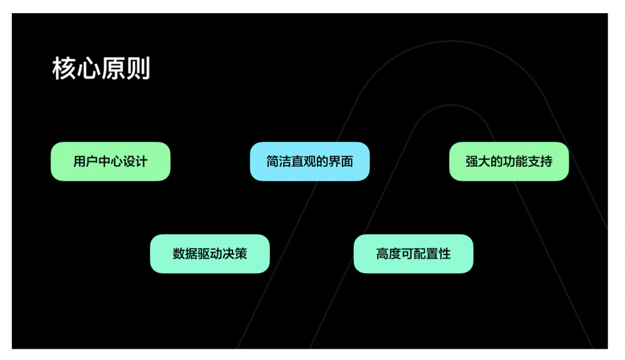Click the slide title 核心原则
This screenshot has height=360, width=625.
click(x=101, y=69)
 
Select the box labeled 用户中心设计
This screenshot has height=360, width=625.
click(x=110, y=161)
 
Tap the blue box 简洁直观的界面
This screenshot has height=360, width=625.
click(x=309, y=161)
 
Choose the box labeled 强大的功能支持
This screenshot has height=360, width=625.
click(x=509, y=161)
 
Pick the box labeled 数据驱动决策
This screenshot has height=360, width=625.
click(x=209, y=254)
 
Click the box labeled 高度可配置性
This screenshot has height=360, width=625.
click(x=413, y=254)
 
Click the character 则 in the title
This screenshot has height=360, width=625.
click(x=139, y=69)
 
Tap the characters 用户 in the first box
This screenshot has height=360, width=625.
click(x=86, y=161)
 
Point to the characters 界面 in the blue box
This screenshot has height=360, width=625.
click(x=341, y=161)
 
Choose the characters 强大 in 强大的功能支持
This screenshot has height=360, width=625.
click(x=478, y=161)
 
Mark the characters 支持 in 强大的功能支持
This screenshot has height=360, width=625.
click(x=540, y=161)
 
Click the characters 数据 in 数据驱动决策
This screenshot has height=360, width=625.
click(x=185, y=254)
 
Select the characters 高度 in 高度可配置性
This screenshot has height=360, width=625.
click(x=389, y=254)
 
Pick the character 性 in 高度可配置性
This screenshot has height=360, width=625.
click(x=444, y=254)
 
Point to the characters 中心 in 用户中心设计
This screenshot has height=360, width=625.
click(x=110, y=161)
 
